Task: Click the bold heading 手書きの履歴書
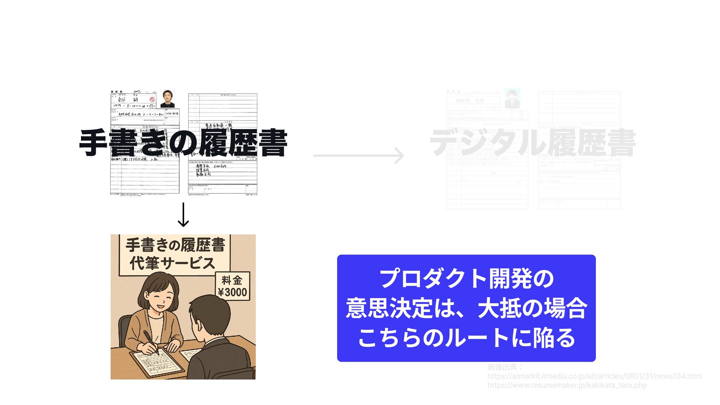click(183, 143)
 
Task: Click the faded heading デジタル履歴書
click(532, 143)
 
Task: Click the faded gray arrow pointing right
click(359, 156)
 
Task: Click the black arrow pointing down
click(183, 214)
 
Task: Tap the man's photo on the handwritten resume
click(167, 99)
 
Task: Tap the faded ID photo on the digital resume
click(512, 99)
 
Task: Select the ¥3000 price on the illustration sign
click(232, 292)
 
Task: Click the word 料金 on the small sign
click(232, 280)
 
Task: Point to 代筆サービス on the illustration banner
click(172, 263)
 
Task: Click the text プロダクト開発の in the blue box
click(466, 279)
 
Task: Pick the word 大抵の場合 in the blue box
click(532, 308)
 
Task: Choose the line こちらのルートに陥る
click(466, 337)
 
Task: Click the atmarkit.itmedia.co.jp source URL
click(594, 376)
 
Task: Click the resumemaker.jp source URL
click(567, 385)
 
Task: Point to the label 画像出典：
click(505, 367)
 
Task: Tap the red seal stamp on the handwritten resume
click(152, 100)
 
